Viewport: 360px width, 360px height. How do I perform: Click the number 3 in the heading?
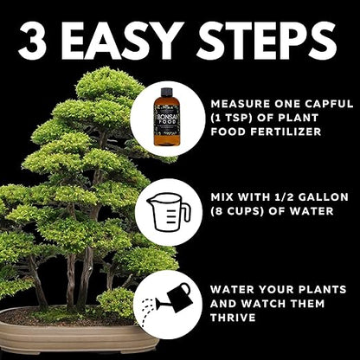point(32,40)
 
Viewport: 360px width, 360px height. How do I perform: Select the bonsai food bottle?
point(167,119)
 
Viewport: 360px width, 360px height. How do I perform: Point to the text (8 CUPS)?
point(239,211)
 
